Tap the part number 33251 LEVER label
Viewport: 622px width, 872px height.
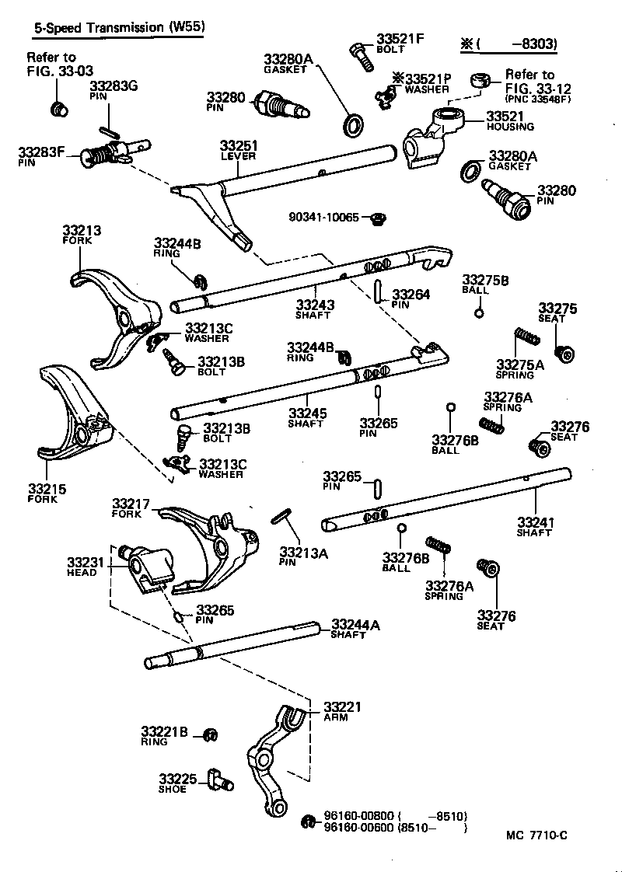click(239, 150)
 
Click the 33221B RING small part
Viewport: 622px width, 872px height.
click(209, 734)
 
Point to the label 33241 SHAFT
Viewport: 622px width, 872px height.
click(536, 526)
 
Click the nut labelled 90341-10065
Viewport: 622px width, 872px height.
click(379, 218)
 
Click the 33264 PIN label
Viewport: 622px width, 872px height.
click(407, 299)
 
